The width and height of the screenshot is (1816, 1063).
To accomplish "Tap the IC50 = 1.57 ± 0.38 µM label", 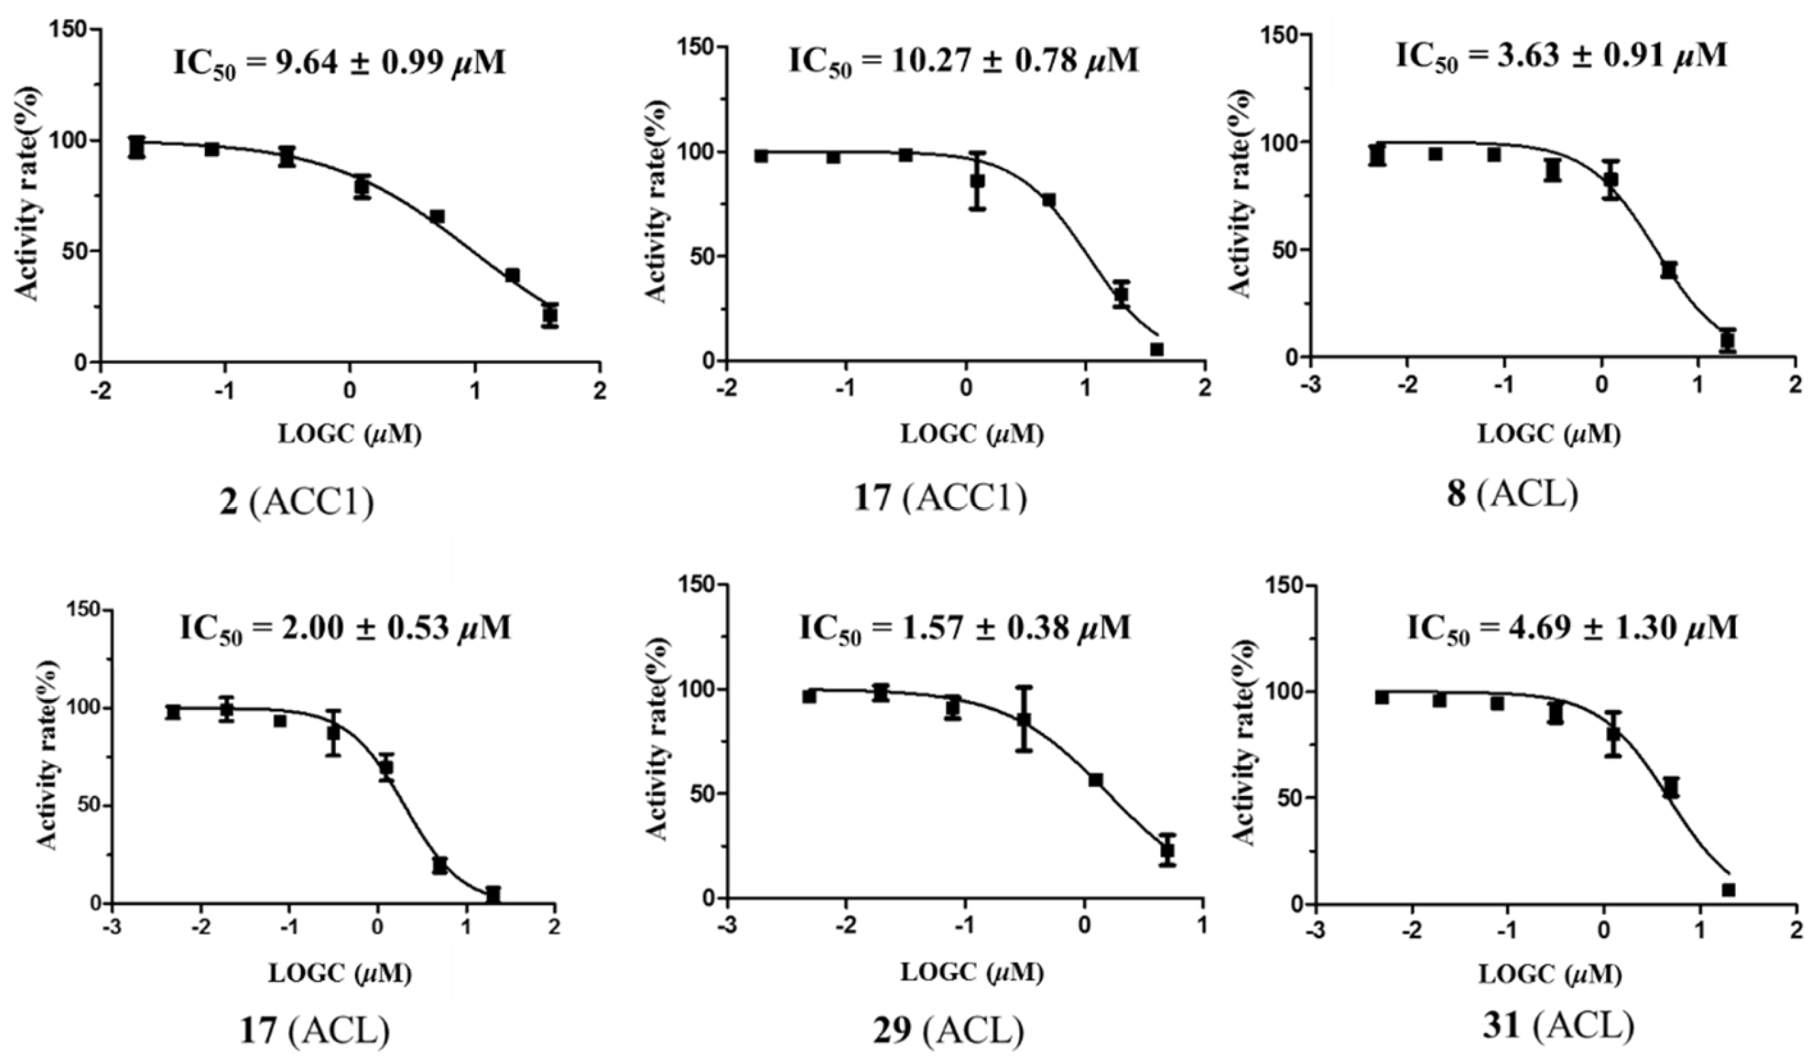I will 965,628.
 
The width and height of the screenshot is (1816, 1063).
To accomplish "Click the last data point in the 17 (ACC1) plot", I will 1156,350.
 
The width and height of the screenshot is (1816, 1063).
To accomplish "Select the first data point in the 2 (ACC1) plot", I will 137,147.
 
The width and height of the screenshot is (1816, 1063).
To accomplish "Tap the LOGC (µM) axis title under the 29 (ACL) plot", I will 971,973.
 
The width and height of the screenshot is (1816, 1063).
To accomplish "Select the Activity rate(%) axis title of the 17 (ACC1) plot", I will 655,202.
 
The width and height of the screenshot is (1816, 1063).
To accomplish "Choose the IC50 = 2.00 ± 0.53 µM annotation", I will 345,628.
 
